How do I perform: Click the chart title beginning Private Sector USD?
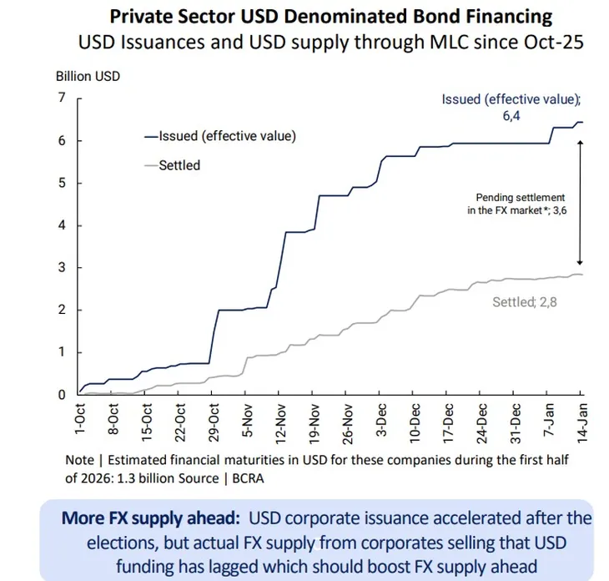coord(331,15)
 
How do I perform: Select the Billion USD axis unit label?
coord(88,76)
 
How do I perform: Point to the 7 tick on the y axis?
coord(61,98)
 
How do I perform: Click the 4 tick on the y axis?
coord(61,225)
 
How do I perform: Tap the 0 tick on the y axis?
coord(61,394)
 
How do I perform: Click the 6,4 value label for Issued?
coord(512,117)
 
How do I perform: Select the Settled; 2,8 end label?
coord(524,301)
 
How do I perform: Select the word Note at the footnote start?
coord(80,460)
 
